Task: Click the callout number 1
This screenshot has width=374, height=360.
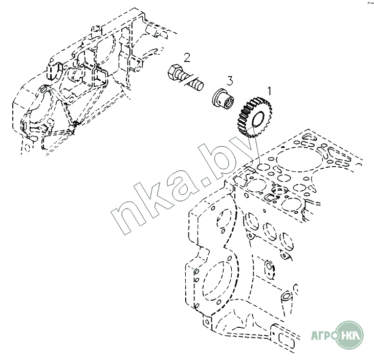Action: pyautogui.click(x=269, y=91)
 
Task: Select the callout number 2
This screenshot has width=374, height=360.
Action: pyautogui.click(x=187, y=58)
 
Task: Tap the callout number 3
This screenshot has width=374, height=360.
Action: pyautogui.click(x=230, y=81)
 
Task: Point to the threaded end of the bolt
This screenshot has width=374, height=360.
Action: pyautogui.click(x=197, y=85)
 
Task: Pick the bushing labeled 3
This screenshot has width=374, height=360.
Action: pyautogui.click(x=223, y=99)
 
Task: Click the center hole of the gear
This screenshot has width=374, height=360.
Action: pyautogui.click(x=258, y=120)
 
